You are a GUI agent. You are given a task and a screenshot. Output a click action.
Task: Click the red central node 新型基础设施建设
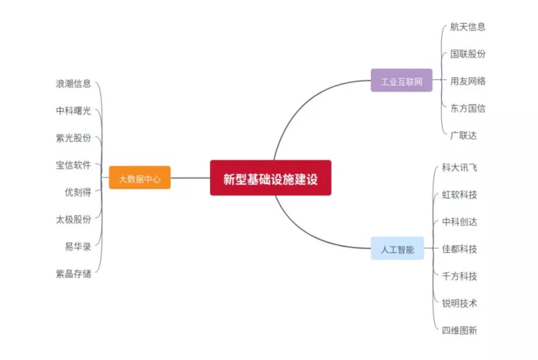click(x=270, y=178)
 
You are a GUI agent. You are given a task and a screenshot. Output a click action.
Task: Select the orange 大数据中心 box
click(x=140, y=178)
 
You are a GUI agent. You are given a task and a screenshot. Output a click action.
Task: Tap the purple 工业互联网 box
click(x=401, y=81)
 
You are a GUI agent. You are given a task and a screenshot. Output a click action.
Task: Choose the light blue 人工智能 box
click(x=397, y=249)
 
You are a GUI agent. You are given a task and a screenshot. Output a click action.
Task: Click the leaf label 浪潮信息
click(x=73, y=84)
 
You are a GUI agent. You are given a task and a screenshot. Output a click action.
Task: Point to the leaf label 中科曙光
click(x=73, y=111)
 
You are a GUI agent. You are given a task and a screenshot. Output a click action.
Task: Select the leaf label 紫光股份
click(x=73, y=137)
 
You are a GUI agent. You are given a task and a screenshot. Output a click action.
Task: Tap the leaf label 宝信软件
click(x=73, y=165)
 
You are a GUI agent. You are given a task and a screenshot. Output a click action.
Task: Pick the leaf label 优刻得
click(x=78, y=192)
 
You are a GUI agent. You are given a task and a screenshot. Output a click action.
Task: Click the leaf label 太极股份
click(x=73, y=219)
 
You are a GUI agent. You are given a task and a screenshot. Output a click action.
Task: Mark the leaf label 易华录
click(x=78, y=247)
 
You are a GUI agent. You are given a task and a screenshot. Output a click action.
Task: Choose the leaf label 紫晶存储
click(x=73, y=273)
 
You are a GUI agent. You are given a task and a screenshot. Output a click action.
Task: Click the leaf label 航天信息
click(x=467, y=27)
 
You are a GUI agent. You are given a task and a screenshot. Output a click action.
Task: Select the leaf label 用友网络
click(x=467, y=81)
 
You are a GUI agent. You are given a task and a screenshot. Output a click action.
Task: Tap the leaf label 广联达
click(x=463, y=135)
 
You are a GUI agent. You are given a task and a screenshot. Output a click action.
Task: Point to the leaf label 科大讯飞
click(x=459, y=167)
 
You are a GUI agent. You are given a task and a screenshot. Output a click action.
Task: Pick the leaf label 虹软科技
click(x=459, y=195)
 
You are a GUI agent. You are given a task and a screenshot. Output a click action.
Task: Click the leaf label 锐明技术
click(x=459, y=303)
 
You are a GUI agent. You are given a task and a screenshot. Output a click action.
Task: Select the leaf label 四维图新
click(x=459, y=330)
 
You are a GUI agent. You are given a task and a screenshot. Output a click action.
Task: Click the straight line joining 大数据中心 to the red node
click(x=190, y=178)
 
